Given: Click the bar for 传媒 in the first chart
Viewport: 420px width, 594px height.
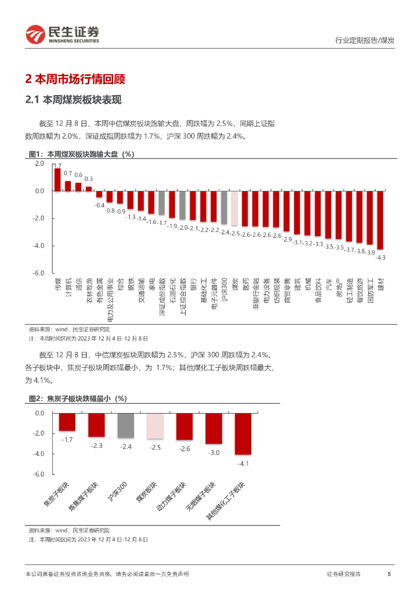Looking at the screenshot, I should click(x=57, y=172).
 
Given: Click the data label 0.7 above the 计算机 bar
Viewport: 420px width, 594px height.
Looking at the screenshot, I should click(x=68, y=173).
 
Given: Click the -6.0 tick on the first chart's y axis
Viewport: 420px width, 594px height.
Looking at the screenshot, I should click(x=39, y=273).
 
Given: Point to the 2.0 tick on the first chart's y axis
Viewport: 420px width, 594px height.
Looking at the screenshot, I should click(x=39, y=164).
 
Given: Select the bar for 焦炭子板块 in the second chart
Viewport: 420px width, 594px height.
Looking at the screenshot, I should click(x=67, y=422).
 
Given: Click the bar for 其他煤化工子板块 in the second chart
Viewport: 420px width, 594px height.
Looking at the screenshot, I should click(x=242, y=433).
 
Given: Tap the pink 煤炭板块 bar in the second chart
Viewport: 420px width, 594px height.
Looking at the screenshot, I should click(x=155, y=426).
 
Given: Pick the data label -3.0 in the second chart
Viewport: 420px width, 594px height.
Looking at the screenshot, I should click(x=213, y=452).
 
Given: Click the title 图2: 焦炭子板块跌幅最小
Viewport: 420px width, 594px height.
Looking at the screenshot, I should click(x=78, y=399).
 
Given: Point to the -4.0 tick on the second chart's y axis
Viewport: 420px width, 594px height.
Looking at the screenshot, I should click(x=39, y=454).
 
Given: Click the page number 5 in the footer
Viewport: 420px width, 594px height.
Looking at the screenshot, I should click(x=389, y=574).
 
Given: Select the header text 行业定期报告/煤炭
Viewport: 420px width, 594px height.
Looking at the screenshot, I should click(x=365, y=40).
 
